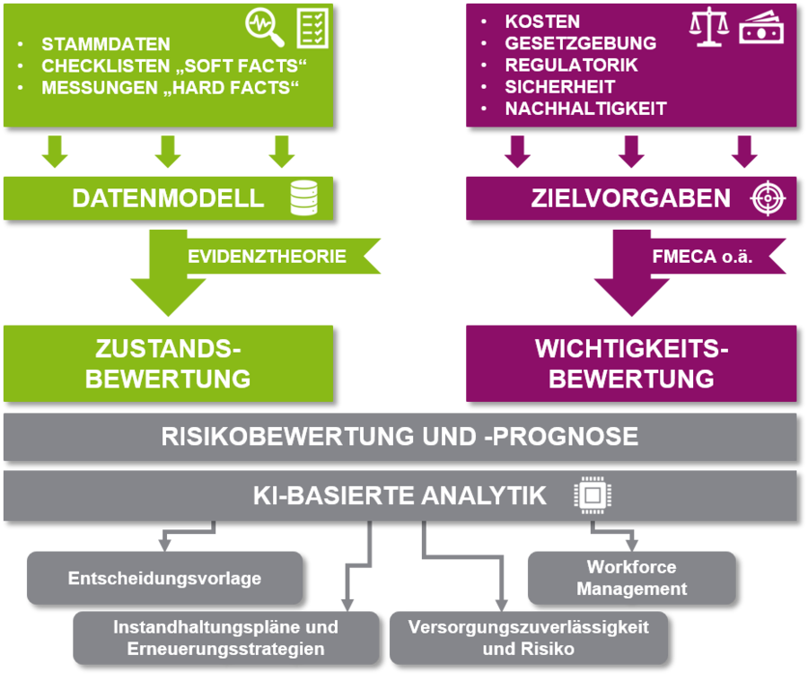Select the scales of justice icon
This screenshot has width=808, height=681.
(x=708, y=28)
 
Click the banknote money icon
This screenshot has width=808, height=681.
(x=760, y=29)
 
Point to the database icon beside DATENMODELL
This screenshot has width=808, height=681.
(x=303, y=198)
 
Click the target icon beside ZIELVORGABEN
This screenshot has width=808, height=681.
(x=768, y=198)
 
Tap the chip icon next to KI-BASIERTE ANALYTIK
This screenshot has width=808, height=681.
(x=591, y=494)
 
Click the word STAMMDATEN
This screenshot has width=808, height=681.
(x=105, y=44)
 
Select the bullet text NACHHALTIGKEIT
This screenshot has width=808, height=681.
(x=585, y=109)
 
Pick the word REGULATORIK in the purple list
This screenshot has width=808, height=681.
(x=571, y=65)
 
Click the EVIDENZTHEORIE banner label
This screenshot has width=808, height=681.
(x=267, y=257)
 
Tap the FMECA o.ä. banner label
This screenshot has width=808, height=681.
(x=702, y=257)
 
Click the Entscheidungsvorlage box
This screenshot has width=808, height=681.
(x=164, y=578)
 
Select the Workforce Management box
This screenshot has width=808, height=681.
(x=631, y=578)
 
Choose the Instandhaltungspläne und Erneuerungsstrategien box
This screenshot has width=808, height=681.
(x=225, y=638)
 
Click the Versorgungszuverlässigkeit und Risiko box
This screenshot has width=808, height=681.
(x=528, y=638)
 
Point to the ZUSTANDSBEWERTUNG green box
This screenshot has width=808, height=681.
(x=168, y=363)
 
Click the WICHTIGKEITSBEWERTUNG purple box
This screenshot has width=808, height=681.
(x=631, y=363)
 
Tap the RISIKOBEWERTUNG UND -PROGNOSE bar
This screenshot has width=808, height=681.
(x=400, y=437)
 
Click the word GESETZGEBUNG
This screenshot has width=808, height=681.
(x=580, y=43)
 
